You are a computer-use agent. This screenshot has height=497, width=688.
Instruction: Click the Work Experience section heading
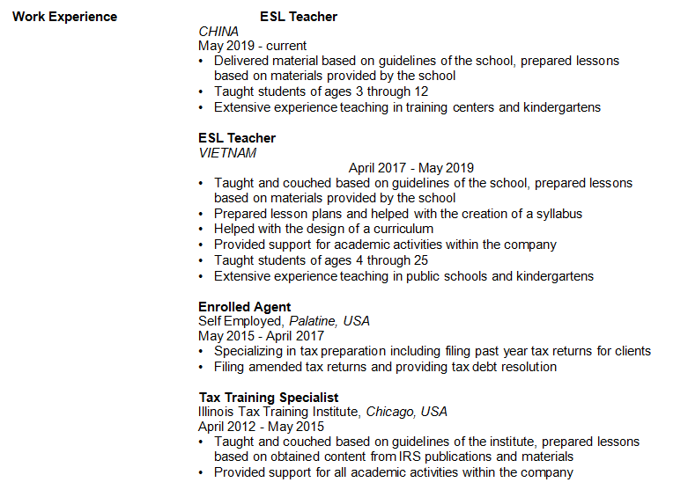(x=64, y=17)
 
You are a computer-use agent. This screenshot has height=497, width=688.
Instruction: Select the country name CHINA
(x=218, y=32)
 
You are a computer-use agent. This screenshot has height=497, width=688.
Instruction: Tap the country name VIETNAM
(x=227, y=153)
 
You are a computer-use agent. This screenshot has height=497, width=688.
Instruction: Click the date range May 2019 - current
(x=253, y=47)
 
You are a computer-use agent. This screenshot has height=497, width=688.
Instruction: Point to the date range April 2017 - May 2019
(x=411, y=168)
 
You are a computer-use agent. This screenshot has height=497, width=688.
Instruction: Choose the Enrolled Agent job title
(x=244, y=306)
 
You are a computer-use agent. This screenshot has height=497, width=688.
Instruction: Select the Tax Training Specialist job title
(x=269, y=398)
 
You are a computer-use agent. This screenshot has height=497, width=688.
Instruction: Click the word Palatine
(x=313, y=321)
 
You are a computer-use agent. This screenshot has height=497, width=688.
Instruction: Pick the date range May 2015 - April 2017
(x=261, y=336)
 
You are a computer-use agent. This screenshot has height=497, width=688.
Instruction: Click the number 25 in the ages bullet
(x=420, y=260)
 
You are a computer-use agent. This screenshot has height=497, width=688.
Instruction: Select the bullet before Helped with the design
(x=202, y=229)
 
